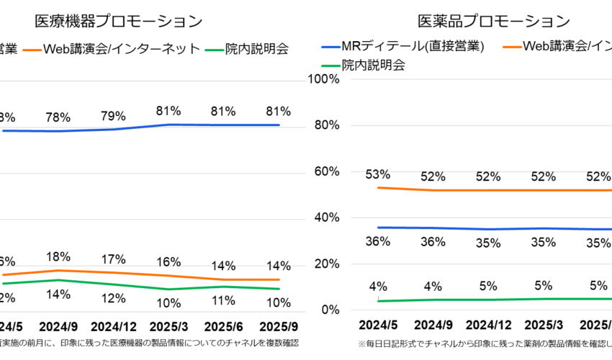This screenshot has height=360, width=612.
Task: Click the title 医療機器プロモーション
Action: point(119,22)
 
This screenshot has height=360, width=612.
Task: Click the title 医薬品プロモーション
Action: point(493,22)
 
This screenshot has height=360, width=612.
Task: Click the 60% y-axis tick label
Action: point(326,171)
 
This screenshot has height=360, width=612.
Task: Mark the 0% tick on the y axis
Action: point(330,310)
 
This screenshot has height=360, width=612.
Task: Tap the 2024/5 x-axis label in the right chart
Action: point(377,325)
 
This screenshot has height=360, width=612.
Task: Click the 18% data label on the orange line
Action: point(58,257)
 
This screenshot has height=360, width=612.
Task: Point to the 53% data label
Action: point(377,174)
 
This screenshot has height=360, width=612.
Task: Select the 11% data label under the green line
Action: point(223,300)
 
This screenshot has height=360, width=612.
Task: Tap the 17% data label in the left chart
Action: point(114,259)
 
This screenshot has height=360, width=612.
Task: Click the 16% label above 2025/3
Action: point(168,261)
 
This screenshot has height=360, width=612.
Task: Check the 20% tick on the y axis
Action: point(326,264)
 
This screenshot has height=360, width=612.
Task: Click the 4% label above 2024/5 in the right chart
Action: point(377,286)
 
